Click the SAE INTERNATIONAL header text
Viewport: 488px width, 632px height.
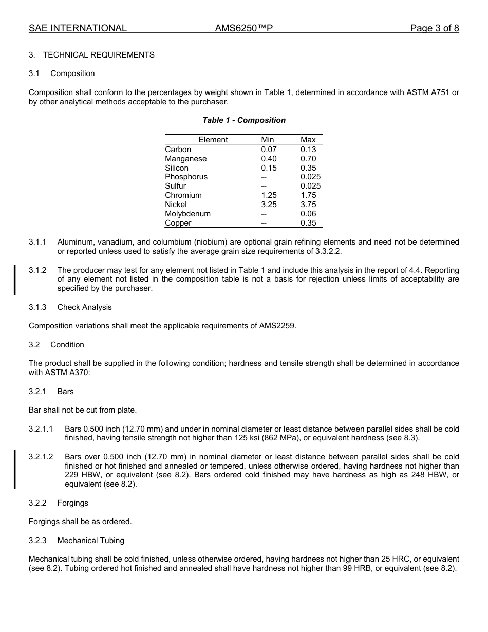coord(78,28)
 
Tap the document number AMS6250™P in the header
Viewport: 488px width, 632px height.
coord(243,28)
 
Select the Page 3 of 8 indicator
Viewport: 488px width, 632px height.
coord(434,28)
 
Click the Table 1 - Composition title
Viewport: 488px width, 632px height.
coord(244,120)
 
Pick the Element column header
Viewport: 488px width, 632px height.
coord(213,140)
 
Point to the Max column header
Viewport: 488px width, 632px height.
coord(308,140)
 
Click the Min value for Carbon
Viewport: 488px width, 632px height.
coord(269,150)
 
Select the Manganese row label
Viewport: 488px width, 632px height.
coord(185,159)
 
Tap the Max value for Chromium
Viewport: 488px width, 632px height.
coord(308,195)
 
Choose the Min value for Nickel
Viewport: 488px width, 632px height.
coord(269,205)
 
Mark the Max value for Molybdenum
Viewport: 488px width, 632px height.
coord(308,214)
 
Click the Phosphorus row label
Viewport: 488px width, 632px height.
coord(186,177)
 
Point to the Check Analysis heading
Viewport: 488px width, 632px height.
coord(84,307)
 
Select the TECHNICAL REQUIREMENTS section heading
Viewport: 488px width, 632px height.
coord(99,55)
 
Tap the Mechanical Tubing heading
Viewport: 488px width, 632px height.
coord(90,541)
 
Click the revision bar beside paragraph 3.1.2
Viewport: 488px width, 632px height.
coord(15,280)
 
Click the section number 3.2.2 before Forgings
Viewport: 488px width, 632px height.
coord(37,503)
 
